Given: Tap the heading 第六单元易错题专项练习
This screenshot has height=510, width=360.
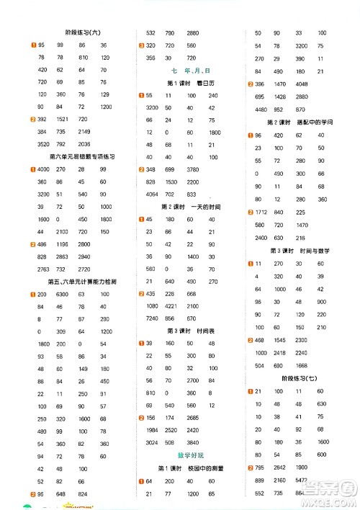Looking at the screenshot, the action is coord(82,156).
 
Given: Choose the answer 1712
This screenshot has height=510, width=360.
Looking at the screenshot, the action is coord(260,212).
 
